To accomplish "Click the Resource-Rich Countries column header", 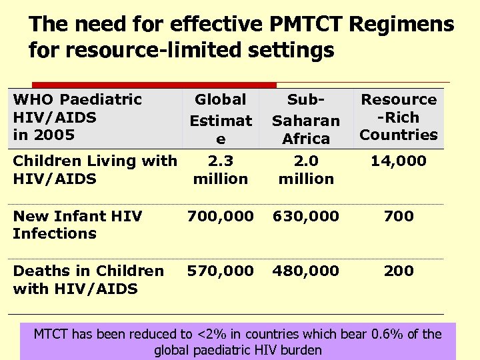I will tap(399, 117).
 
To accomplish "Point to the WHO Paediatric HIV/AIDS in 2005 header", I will tap(77, 117).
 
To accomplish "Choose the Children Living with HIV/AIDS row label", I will tap(95, 169).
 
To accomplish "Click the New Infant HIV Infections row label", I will tap(77, 225).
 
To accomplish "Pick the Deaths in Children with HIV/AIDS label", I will tap(88, 279).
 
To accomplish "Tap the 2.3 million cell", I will tap(220, 169).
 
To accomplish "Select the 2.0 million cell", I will tap(306, 169).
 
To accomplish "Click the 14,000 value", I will tap(399, 161).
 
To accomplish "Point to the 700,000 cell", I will tap(220, 216).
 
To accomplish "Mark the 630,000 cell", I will tap(306, 216).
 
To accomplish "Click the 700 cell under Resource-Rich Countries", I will tap(399, 216).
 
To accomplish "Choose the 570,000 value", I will tap(220, 271).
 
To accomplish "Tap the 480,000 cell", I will tap(306, 271).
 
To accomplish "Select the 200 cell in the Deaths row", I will tap(399, 271).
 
